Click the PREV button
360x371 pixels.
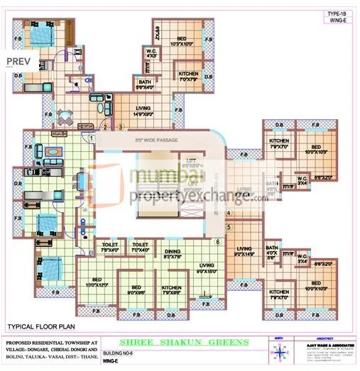[18, 61]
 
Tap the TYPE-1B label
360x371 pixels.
[337, 13]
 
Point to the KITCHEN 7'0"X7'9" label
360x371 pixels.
[188, 77]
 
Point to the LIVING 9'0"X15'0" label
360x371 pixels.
[206, 267]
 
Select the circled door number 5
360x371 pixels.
[229, 227]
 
